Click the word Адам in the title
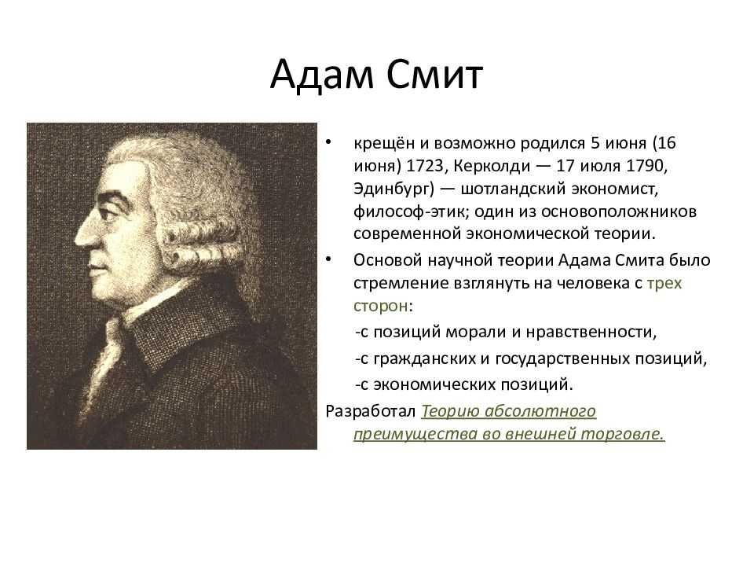[x=321, y=75]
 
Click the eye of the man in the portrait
[x=112, y=211]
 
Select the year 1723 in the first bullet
[x=423, y=166]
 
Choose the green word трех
[x=664, y=283]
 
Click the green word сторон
[x=381, y=306]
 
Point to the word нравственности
[x=591, y=332]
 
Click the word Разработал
[x=370, y=411]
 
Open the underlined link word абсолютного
[x=540, y=411]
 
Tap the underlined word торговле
[x=622, y=434]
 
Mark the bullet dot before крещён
[x=328, y=142]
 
